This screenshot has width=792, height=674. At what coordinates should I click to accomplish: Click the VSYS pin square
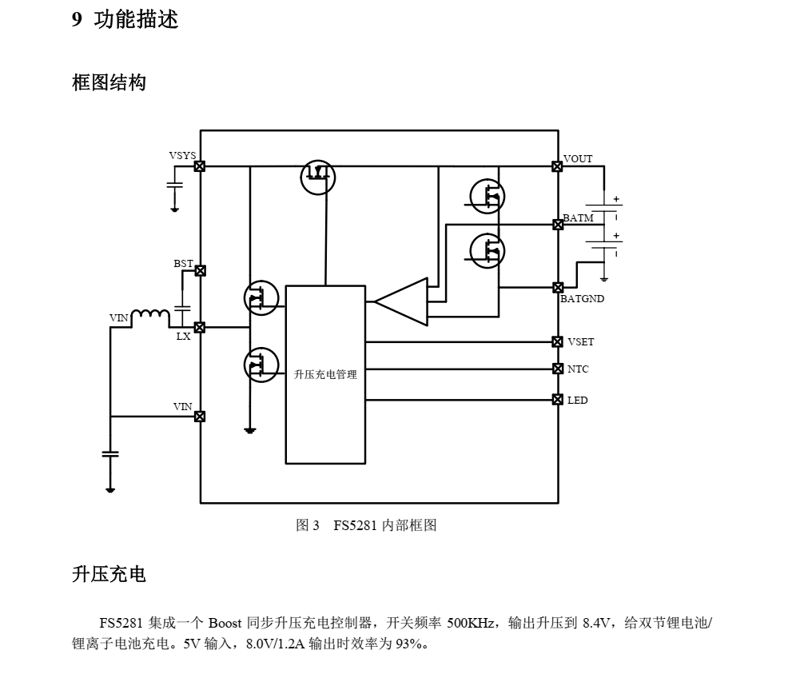pos(200,166)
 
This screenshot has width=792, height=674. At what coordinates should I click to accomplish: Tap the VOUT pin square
pos(557,166)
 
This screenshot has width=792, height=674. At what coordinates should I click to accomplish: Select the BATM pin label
pos(578,217)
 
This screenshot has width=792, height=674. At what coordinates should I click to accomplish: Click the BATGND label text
pos(582,299)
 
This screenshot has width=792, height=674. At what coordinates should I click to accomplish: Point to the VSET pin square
pos(558,341)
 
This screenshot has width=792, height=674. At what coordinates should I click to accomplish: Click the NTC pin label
pos(578,369)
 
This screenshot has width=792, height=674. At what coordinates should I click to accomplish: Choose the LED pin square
pos(558,399)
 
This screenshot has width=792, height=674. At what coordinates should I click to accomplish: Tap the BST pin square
pos(200,271)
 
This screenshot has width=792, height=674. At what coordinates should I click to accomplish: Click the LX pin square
pos(200,327)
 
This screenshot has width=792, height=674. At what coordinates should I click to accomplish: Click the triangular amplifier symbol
pos(402,301)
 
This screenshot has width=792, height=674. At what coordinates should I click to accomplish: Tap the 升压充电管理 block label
pos(325,374)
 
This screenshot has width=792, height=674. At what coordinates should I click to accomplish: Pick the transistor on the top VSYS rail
pos(318,177)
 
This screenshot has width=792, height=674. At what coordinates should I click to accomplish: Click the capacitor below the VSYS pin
pos(174,185)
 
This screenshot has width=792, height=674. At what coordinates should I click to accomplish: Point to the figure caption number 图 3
pos(308,525)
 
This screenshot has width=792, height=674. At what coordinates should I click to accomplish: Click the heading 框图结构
pos(109,82)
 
